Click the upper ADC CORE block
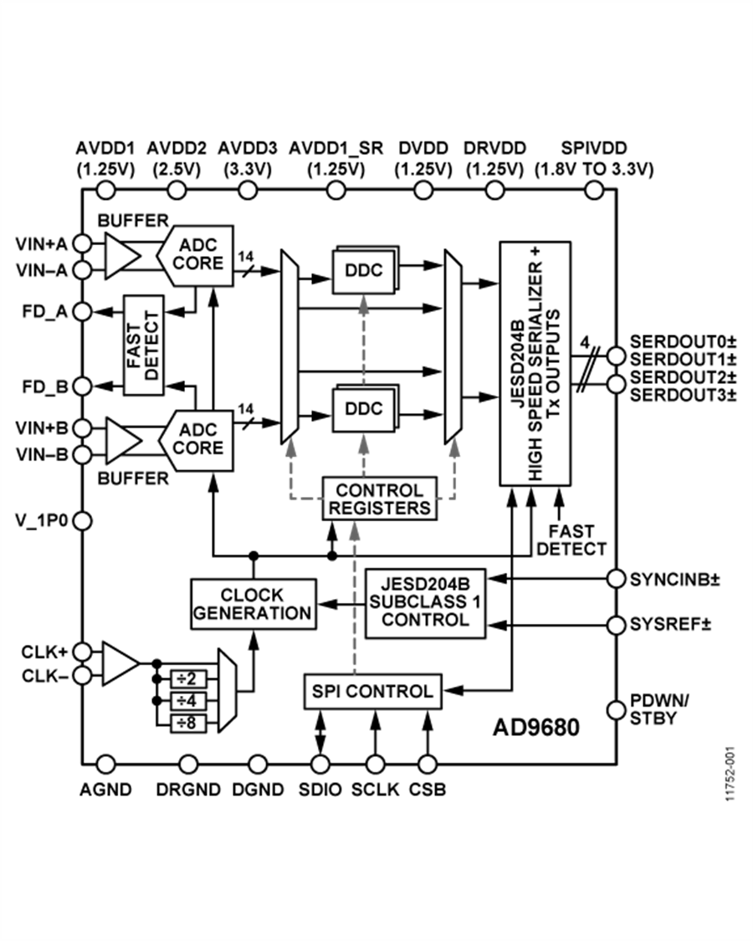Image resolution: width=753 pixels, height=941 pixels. pos(197,255)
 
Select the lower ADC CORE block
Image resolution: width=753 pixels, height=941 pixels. pos(197,440)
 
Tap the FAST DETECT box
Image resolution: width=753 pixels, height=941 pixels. pos(143,345)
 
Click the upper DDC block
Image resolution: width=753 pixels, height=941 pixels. pos(364,270)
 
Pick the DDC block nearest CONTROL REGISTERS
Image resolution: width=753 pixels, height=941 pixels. pos(364,409)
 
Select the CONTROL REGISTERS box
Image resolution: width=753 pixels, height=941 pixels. pos(380,499)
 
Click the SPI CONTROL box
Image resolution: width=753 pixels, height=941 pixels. pos(372,692)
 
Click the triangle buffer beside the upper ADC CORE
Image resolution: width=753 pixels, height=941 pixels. pos(120,256)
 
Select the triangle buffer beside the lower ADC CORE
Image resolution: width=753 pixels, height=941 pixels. pos(121,441)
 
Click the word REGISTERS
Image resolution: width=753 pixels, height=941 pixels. pos(380,508)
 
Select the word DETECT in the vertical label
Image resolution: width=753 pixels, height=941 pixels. pos(151,345)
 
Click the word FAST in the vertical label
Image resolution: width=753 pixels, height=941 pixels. pos(135,345)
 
